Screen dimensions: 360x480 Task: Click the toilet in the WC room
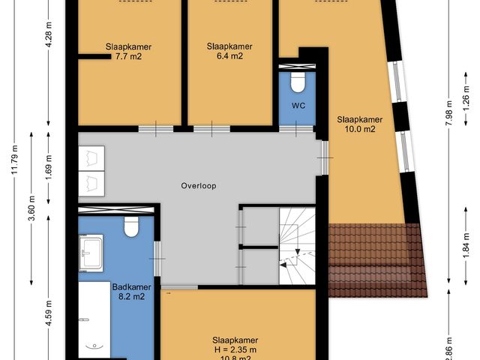[x=297, y=79]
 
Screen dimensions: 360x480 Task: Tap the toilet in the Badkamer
[x=132, y=226]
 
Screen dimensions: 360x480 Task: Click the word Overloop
[x=199, y=185]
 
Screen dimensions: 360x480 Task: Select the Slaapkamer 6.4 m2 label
[x=225, y=50]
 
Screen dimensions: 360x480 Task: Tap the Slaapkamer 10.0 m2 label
[x=359, y=124]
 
